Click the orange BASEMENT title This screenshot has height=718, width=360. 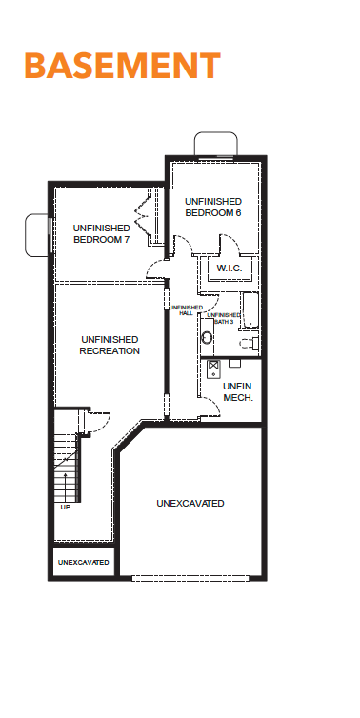coord(123,66)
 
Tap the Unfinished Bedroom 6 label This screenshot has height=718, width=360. coord(213,207)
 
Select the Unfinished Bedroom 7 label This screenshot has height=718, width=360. coord(101,233)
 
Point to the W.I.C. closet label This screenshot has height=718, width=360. coord(230,269)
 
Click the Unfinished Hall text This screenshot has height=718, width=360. coord(186,310)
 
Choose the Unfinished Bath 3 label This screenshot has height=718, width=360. coord(224,318)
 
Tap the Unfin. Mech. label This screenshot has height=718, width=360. coord(238,392)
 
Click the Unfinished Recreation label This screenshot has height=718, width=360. coord(110,346)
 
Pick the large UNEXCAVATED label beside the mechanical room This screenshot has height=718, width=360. coord(190,503)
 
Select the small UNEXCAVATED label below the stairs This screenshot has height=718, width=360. coord(84,562)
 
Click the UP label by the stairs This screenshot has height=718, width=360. coord(66,507)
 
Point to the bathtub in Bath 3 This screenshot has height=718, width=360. coord(250,310)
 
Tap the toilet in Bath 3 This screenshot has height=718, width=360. coord(250,343)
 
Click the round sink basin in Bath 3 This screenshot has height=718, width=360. coord(207,338)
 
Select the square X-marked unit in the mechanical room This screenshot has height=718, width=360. coord(213,366)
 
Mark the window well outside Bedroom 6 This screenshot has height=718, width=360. coord(216,144)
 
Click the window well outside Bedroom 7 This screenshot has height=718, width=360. coord(36,235)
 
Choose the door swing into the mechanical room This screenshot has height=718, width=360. coord(211,407)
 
